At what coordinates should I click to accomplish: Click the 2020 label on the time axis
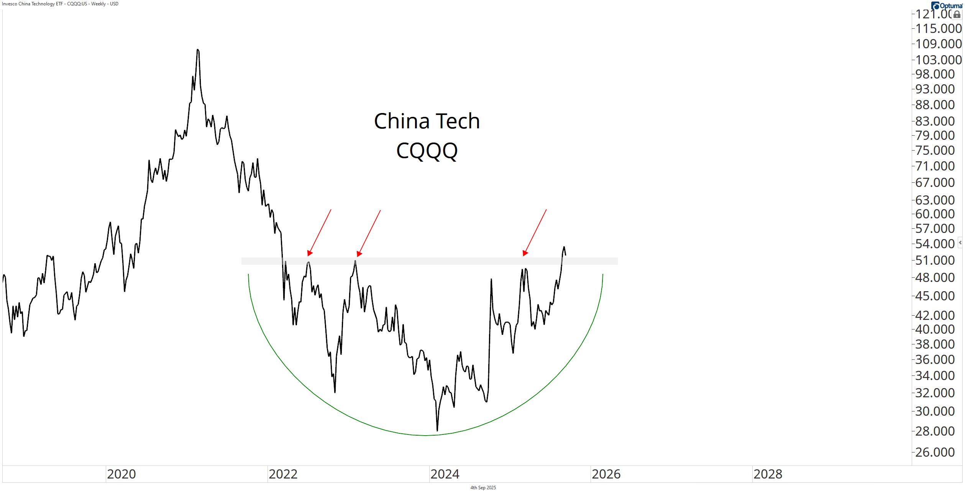pos(121,474)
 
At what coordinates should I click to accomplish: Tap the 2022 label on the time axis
pos(283,474)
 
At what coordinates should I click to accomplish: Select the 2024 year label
pos(445,474)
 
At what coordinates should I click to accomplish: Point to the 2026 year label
pos(606,474)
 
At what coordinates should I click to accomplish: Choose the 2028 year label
pos(768,474)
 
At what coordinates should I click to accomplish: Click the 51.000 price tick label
pos(935,261)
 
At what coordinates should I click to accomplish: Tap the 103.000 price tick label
pos(938,60)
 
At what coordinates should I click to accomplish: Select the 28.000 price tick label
pos(935,431)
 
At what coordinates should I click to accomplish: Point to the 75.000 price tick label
pos(935,151)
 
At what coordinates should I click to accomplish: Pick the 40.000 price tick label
pos(935,329)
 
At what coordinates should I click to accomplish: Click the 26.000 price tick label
pos(935,452)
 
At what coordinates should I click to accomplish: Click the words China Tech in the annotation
pos(427,121)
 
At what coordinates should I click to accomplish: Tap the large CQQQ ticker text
pos(427,151)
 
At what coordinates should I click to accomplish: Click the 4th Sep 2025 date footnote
pos(483,488)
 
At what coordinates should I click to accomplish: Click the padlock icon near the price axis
pos(957,15)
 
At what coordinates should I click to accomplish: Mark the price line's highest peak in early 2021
pos(197,50)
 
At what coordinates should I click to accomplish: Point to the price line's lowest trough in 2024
pos(437,430)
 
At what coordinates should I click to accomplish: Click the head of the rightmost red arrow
pos(525,253)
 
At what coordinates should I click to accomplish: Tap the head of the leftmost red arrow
pos(309,253)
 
